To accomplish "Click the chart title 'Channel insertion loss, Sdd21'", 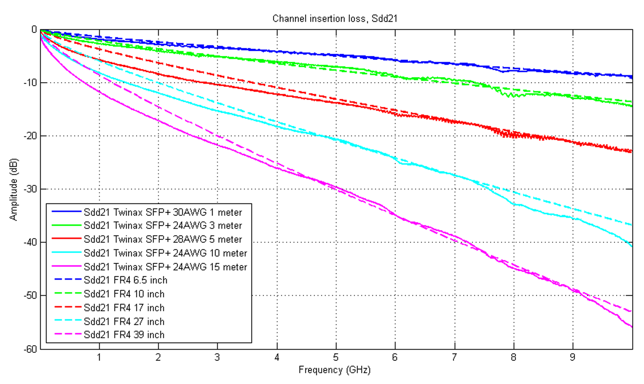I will [335, 19].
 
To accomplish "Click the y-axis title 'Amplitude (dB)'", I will [13, 189].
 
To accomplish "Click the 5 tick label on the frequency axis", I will [336, 357].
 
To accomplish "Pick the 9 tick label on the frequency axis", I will [573, 357].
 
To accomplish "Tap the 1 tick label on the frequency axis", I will [99, 357].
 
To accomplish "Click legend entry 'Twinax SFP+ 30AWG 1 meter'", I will [163, 212].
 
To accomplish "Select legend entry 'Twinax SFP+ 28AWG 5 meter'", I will [163, 239].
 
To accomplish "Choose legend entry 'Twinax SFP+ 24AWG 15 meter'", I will [165, 267].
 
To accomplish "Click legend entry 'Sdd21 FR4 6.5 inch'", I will [125, 280].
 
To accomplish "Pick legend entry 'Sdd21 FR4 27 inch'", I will [124, 321].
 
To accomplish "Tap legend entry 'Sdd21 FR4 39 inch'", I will [124, 335].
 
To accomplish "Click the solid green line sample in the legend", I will [66, 225].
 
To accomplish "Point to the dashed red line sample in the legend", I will [67, 306].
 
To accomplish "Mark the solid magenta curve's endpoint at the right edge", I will [632, 327].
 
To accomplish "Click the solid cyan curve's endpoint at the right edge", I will [632, 246].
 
